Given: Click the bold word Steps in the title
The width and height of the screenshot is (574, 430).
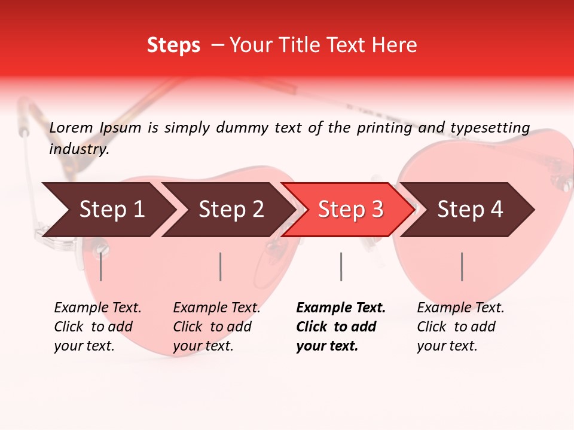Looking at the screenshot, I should pyautogui.click(x=173, y=45).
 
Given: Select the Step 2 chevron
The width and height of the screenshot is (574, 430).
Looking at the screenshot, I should pyautogui.click(x=230, y=210).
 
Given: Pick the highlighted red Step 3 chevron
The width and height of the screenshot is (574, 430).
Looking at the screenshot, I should pyautogui.click(x=350, y=210).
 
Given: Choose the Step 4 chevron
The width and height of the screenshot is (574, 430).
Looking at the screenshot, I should pyautogui.click(x=469, y=210).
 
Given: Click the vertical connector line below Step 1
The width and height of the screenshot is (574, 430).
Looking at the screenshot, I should pyautogui.click(x=100, y=266).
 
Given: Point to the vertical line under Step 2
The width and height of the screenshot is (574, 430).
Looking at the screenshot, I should pyautogui.click(x=221, y=266).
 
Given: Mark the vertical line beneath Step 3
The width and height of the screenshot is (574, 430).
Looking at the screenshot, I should pyautogui.click(x=341, y=266).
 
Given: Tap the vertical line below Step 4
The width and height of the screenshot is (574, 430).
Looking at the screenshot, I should pyautogui.click(x=462, y=266).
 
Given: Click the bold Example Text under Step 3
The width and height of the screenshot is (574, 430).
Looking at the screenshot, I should pyautogui.click(x=341, y=308).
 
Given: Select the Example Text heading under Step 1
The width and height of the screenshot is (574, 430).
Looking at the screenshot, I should pyautogui.click(x=97, y=308).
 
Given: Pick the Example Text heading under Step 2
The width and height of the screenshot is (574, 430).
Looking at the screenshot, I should pyautogui.click(x=216, y=308).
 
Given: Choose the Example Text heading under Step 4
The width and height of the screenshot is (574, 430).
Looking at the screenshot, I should pyautogui.click(x=460, y=308).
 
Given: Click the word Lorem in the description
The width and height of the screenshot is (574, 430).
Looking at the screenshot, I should pyautogui.click(x=71, y=128).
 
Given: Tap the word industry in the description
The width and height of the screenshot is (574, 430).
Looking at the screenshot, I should pyautogui.click(x=78, y=149).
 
